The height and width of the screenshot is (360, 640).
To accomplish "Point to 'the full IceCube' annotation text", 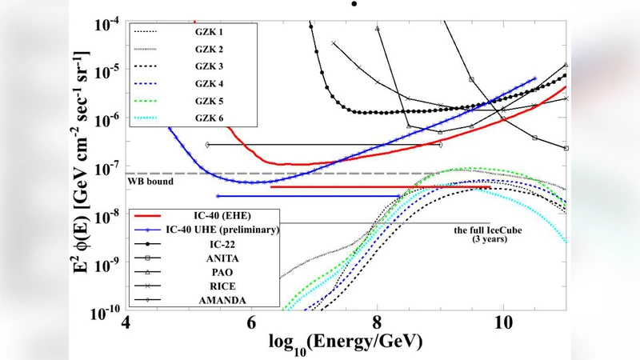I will click(489, 230).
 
